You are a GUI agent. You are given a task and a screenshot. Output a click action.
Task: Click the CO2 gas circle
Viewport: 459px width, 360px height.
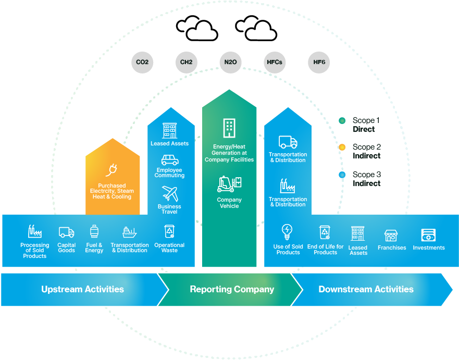tap(142, 62)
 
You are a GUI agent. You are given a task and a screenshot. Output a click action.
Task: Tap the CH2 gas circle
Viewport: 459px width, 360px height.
tap(186, 62)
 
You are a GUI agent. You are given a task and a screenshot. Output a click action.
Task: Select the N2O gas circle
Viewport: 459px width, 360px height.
tap(230, 62)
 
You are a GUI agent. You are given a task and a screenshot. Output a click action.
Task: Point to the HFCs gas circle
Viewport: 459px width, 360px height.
tap(274, 62)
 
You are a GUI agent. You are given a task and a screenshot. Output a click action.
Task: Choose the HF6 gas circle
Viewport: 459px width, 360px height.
tap(318, 62)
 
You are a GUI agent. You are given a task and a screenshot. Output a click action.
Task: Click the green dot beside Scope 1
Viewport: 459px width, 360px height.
tap(342, 120)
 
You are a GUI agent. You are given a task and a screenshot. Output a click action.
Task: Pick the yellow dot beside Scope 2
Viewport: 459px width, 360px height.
tap(342, 147)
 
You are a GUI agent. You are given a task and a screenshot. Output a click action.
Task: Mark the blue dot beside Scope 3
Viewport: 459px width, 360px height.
tap(342, 175)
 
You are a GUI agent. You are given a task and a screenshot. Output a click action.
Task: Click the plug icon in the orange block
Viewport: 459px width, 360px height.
tap(112, 170)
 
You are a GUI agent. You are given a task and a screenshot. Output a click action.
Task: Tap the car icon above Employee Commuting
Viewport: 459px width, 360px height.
tap(170, 159)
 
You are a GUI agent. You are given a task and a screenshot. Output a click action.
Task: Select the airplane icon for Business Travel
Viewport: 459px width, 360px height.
tap(170, 194)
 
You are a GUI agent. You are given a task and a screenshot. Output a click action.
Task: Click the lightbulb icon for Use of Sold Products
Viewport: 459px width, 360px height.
tap(287, 231)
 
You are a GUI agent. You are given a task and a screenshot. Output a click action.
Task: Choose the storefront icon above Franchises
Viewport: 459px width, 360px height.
tap(391, 235)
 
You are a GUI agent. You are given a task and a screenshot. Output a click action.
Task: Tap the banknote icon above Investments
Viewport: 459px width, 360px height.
tap(428, 235)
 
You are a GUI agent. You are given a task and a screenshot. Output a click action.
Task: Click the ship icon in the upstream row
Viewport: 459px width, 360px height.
tap(129, 232)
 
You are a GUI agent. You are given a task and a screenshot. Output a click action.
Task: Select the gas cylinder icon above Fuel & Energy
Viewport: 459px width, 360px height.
tap(94, 232)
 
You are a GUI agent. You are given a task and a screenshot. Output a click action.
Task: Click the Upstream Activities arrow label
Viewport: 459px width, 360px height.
tap(83, 289)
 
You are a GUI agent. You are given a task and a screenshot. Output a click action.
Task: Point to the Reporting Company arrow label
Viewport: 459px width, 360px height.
tap(232, 289)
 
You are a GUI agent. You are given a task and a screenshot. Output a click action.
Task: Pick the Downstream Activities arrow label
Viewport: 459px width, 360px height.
tap(366, 289)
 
